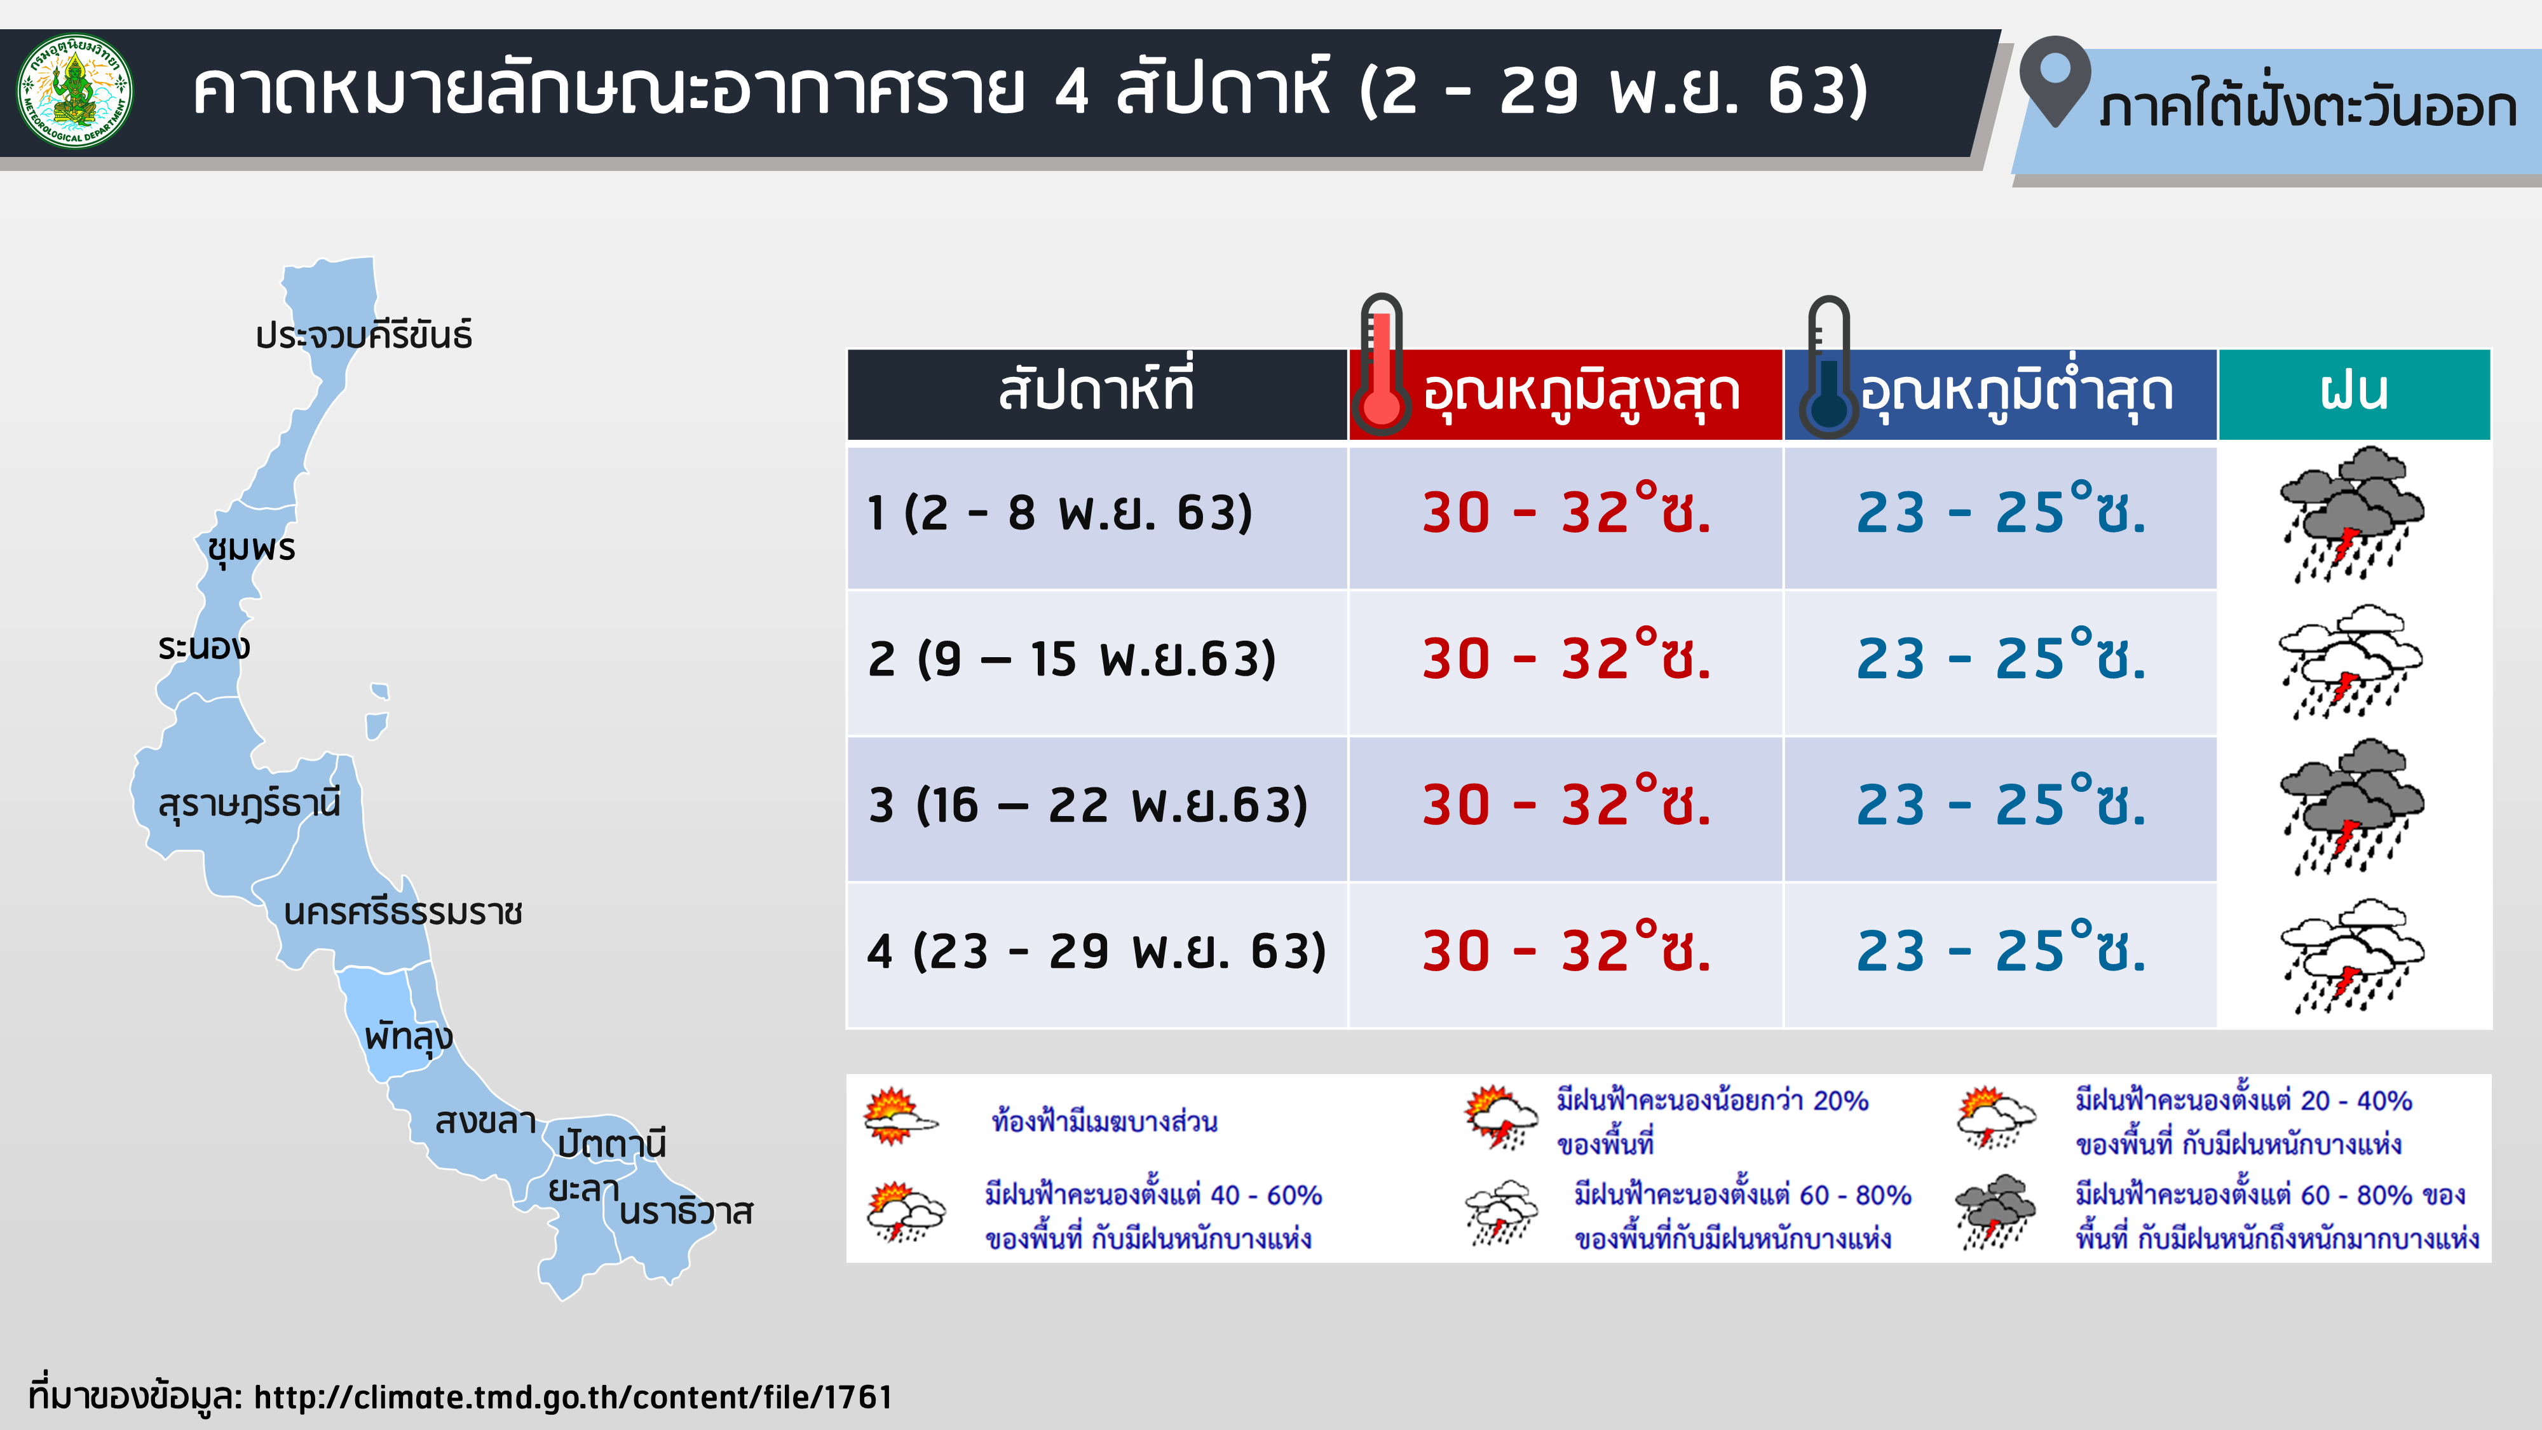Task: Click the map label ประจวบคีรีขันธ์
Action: pyautogui.click(x=363, y=336)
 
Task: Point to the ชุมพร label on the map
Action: pyautogui.click(x=252, y=548)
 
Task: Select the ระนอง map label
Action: pyautogui.click(x=204, y=648)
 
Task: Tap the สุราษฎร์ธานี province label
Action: pyautogui.click(x=250, y=805)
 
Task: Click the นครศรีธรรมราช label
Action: pyautogui.click(x=403, y=912)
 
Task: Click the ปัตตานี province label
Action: pyautogui.click(x=612, y=1143)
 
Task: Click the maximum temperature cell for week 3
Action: pyautogui.click(x=1566, y=805)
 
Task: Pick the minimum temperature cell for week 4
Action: pyautogui.click(x=2001, y=950)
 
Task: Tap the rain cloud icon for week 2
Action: pyautogui.click(x=2351, y=661)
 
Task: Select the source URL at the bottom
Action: pyautogui.click(x=573, y=1398)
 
